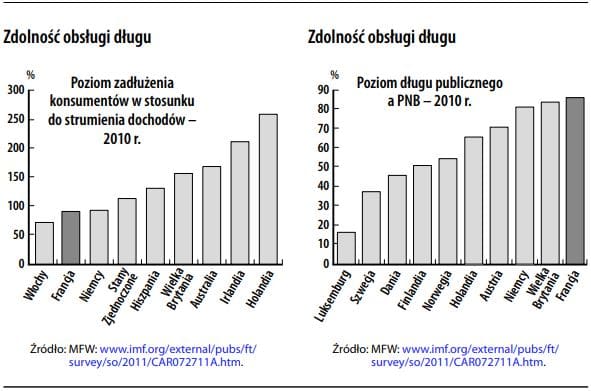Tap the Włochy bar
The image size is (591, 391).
pos(44,243)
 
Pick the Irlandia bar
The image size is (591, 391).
pos(240,203)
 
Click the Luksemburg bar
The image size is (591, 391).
pos(346,248)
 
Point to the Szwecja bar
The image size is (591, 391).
pos(371,228)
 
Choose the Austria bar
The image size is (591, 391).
pos(498,196)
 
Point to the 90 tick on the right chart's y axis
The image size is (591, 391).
pos(322,90)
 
